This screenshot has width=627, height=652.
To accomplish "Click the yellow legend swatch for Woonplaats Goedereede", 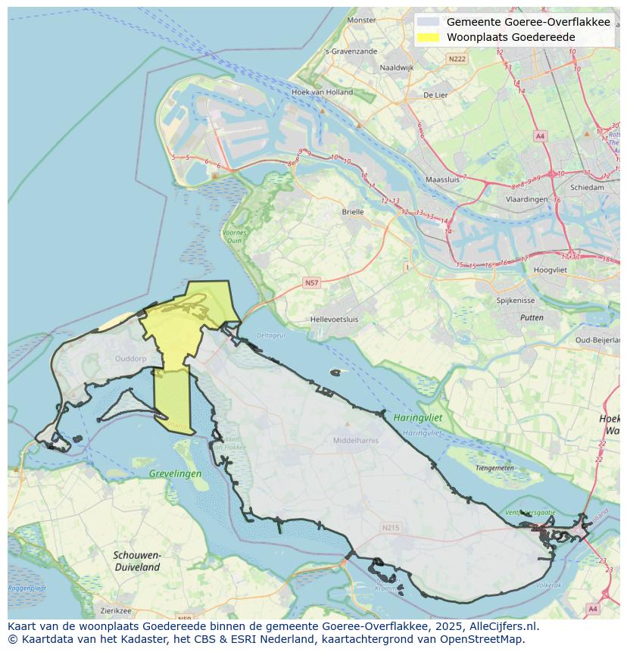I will pyautogui.click(x=428, y=37).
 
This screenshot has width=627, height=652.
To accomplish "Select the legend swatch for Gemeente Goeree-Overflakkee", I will pyautogui.click(x=428, y=22).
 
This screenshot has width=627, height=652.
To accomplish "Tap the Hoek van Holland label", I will pyautogui.click(x=322, y=92).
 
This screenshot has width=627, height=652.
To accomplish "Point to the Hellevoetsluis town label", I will pyautogui.click(x=335, y=320).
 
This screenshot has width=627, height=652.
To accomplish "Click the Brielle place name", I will pyautogui.click(x=353, y=212).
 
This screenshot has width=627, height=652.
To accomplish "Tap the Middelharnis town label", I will pyautogui.click(x=356, y=440).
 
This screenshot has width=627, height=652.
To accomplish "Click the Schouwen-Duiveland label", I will pyautogui.click(x=137, y=561).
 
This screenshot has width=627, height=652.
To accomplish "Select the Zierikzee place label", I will pyautogui.click(x=115, y=610).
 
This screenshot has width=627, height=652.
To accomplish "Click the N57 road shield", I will pyautogui.click(x=311, y=282).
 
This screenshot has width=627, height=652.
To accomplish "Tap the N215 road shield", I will pyautogui.click(x=391, y=528).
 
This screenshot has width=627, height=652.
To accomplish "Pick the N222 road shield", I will pyautogui.click(x=457, y=58).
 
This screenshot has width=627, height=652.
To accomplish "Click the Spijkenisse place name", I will pyautogui.click(x=516, y=301).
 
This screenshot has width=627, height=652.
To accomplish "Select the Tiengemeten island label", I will pyautogui.click(x=494, y=468).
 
